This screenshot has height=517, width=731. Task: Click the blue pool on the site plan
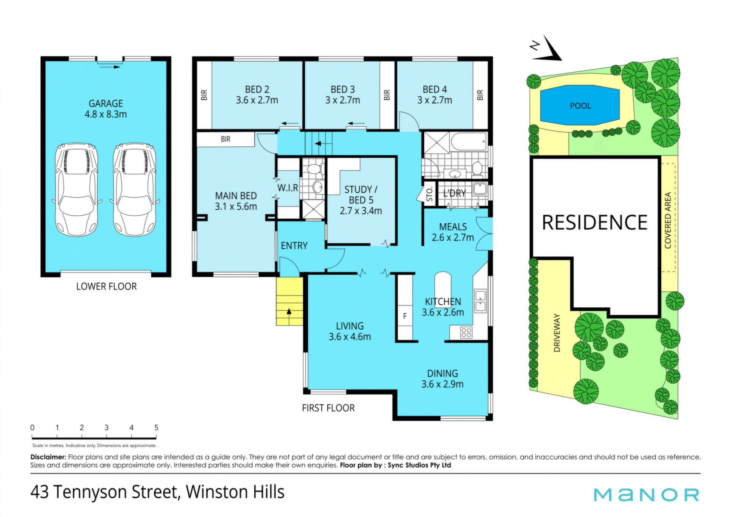pos(580,105)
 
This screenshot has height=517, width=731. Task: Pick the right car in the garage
pos(134,189)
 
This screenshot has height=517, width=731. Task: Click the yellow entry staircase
pos(289,301)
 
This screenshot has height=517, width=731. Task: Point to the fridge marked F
pos(405,316)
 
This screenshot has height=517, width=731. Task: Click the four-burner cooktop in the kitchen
pos(466,333)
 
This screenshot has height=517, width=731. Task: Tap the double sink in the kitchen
pos(480,301)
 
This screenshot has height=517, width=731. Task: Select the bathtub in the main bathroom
pos(469,142)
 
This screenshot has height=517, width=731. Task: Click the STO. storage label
pos(429,194)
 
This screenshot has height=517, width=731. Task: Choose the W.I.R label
pos(288,187)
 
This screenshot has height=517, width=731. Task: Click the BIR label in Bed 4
pos(480,95)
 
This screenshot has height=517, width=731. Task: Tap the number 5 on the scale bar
pos(156,427)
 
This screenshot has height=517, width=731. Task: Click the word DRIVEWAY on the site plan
pos(557,333)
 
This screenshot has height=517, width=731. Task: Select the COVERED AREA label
pos(668,221)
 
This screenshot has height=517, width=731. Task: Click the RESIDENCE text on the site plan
pos(594,222)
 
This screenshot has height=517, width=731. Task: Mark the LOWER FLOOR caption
pos(106,287)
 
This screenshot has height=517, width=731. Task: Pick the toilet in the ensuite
pos(314,168)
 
